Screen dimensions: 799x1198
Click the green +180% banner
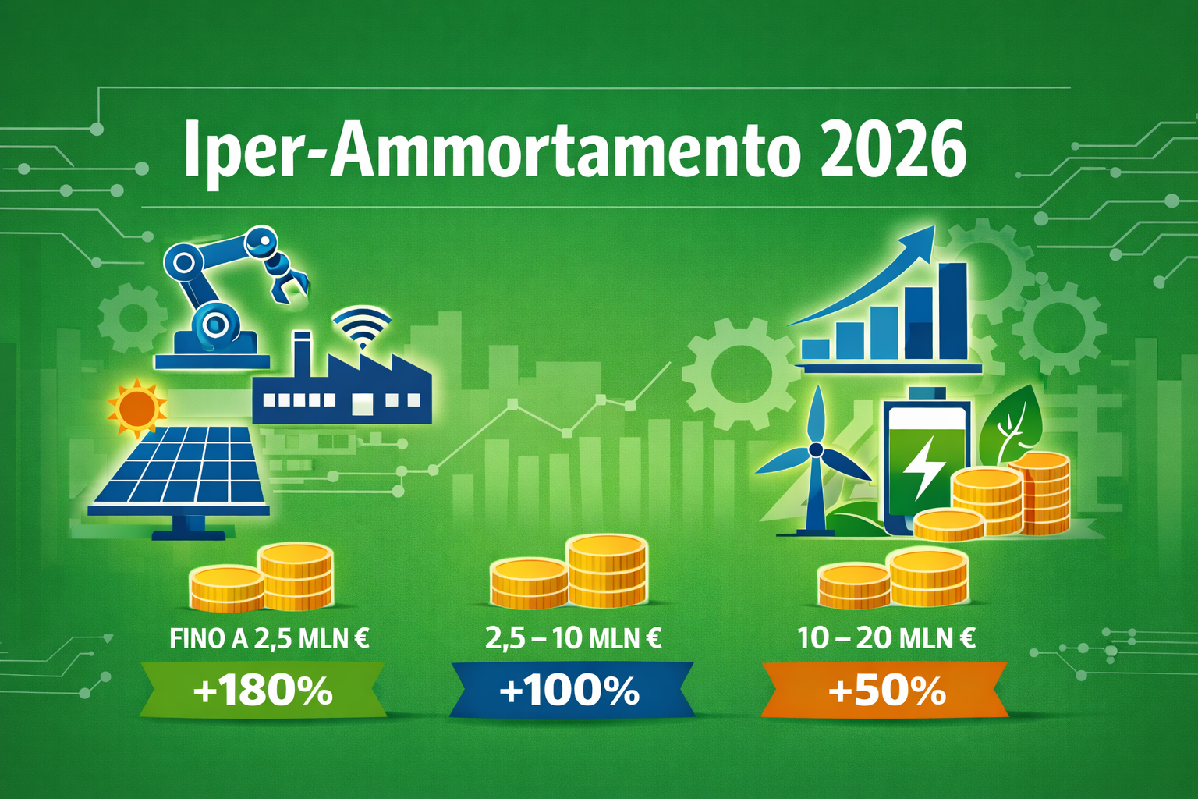point(263,691)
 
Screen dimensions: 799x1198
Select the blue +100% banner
point(570,691)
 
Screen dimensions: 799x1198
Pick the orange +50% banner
point(886,691)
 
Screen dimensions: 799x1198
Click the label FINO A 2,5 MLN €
point(269,639)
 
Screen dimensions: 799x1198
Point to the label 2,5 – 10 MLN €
point(573,639)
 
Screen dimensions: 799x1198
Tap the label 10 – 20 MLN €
point(886,639)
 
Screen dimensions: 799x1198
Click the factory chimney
point(301,351)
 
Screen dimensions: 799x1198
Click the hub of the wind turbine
point(816,450)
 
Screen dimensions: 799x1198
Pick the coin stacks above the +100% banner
point(569,574)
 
